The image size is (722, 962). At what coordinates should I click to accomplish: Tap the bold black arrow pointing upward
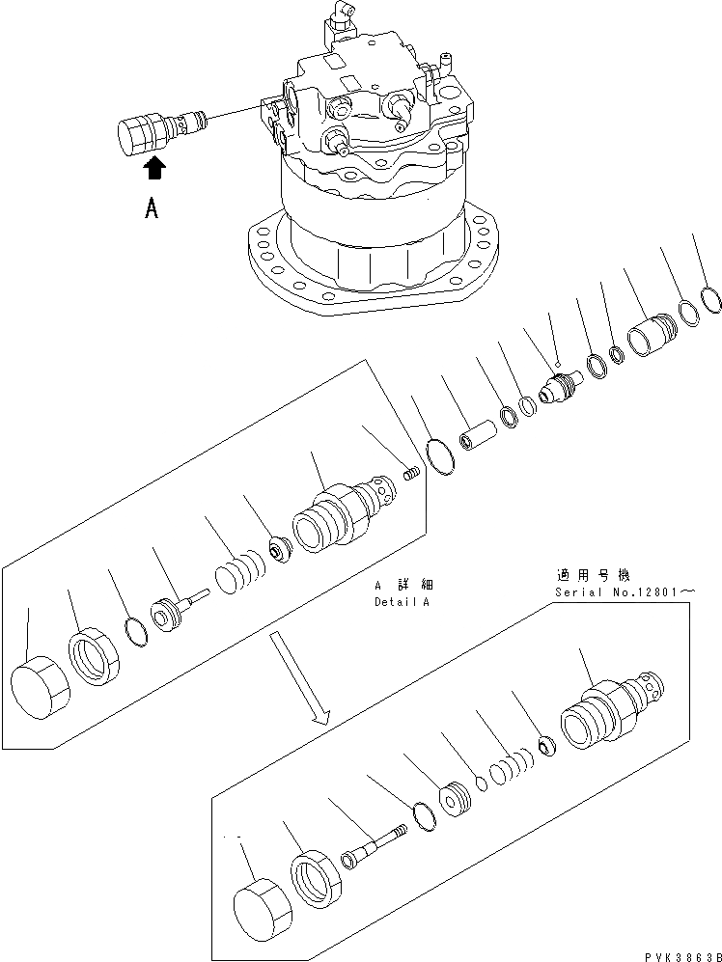(153, 171)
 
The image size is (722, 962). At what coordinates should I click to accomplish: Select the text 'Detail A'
(402, 601)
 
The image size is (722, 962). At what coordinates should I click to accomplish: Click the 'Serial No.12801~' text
(638, 591)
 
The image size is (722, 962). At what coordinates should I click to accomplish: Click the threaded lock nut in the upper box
(95, 658)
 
